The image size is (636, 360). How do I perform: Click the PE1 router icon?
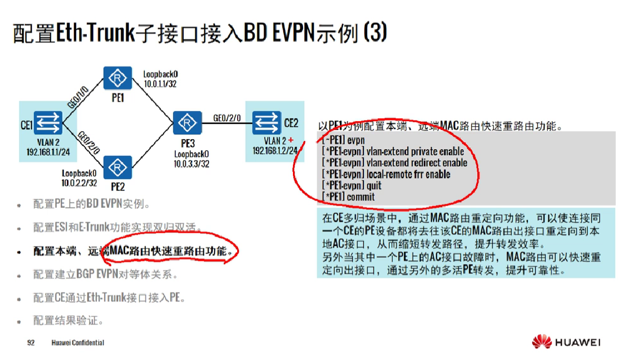coord(118,77)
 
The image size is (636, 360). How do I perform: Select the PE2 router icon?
coord(118,167)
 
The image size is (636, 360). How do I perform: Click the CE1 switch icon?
coord(48,122)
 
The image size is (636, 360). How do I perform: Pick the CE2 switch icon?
coord(266,122)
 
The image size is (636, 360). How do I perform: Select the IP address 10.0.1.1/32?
coord(161,83)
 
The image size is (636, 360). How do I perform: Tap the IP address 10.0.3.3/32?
coord(192,164)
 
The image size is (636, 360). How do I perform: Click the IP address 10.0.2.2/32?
coord(79,183)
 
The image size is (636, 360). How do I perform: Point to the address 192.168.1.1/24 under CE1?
coord(48,152)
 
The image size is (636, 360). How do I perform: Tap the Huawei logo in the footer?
coord(566,341)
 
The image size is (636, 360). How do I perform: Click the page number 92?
coord(31,343)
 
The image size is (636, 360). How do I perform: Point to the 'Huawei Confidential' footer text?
coord(78,343)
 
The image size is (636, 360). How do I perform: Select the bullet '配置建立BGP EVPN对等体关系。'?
coord(105,275)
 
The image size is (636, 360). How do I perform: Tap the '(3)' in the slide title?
coord(375,33)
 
